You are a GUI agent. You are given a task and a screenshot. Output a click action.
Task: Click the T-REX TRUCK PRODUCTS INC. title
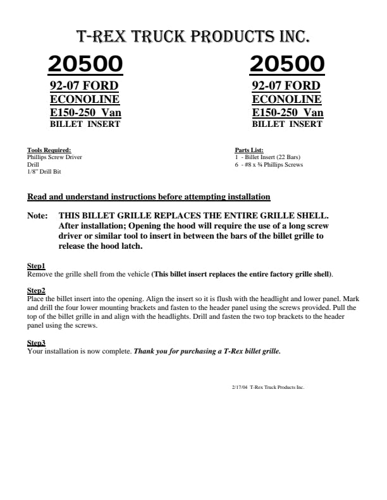(x=193, y=36)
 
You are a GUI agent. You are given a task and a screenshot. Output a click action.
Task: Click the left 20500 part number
(x=85, y=64)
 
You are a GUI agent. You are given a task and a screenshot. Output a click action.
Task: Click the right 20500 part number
(x=287, y=64)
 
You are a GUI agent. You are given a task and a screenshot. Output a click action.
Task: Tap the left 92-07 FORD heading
(x=84, y=86)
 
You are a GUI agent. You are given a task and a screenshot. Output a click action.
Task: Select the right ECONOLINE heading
(x=286, y=99)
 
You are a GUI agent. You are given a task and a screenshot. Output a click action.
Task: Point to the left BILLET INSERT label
(x=85, y=124)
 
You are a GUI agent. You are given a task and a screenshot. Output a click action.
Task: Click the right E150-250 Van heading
(x=288, y=112)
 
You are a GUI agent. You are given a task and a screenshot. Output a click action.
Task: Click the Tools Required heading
(x=49, y=150)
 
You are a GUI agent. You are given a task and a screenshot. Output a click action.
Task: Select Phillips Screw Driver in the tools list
(x=54, y=157)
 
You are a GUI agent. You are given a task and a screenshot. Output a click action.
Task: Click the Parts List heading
(x=249, y=150)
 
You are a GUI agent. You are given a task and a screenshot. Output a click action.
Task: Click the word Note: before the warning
(x=37, y=215)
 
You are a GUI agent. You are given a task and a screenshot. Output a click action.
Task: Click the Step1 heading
(x=36, y=266)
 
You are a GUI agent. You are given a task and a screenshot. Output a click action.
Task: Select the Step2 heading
(x=36, y=290)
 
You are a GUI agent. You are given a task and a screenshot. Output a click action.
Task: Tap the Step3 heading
(x=36, y=343)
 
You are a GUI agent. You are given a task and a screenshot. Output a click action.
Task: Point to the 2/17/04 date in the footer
(x=240, y=387)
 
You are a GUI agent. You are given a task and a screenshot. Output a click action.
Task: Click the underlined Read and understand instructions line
(x=149, y=196)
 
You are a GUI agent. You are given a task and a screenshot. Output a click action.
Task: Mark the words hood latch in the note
(x=120, y=246)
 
